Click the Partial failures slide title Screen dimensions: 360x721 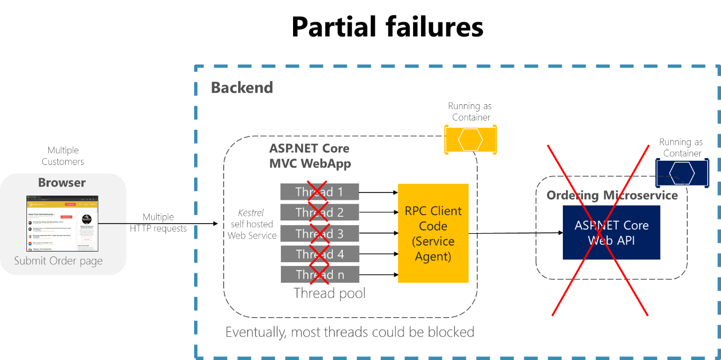pos(387,26)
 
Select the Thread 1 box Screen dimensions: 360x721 pos(320,191)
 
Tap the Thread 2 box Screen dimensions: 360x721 pos(320,213)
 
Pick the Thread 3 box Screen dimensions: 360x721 pos(320,233)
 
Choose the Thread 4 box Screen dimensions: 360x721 pos(320,254)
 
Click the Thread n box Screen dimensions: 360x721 pos(320,274)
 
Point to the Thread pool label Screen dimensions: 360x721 pos(330,293)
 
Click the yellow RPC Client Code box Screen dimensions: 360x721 pos(433,233)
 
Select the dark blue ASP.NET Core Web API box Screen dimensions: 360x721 pos(611,233)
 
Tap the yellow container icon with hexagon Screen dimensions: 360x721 pos(470,139)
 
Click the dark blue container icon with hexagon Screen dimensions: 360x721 pos(682,173)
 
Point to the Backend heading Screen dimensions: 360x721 pos(242,87)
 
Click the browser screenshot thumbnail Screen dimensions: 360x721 pos(62,224)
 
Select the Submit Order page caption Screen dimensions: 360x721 pos(58,261)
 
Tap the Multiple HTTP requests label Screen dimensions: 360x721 pos(158,223)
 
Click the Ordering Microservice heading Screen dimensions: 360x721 pos(612,195)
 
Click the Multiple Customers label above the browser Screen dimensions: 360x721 pos(63,156)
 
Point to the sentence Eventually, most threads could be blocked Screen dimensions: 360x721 pos(350,332)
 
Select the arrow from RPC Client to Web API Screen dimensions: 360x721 pos(513,233)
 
